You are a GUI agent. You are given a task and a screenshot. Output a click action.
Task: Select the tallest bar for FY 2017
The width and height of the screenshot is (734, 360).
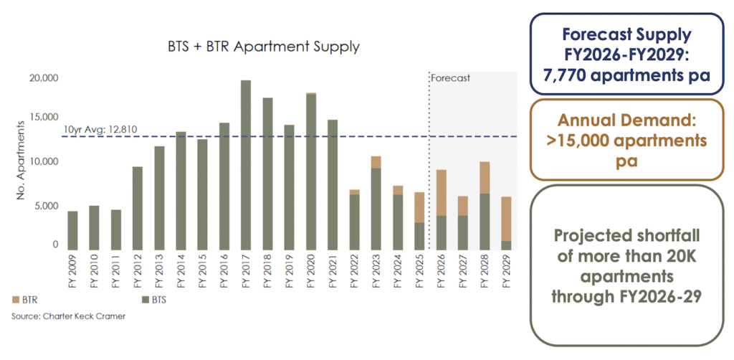point(245,165)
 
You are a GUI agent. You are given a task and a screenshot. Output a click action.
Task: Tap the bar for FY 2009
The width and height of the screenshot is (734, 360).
point(72,230)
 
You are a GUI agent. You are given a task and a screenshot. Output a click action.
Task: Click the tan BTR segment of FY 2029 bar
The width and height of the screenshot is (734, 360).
point(506,219)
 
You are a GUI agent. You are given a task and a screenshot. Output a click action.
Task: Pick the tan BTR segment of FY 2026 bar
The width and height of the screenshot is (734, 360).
point(442,193)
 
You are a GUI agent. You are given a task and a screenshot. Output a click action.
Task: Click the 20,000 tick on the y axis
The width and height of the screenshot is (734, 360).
point(44,77)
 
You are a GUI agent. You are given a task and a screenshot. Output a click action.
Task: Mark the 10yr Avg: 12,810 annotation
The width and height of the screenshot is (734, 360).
point(100,129)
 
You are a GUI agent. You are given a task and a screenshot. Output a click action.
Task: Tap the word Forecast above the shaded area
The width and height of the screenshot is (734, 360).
point(450,77)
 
